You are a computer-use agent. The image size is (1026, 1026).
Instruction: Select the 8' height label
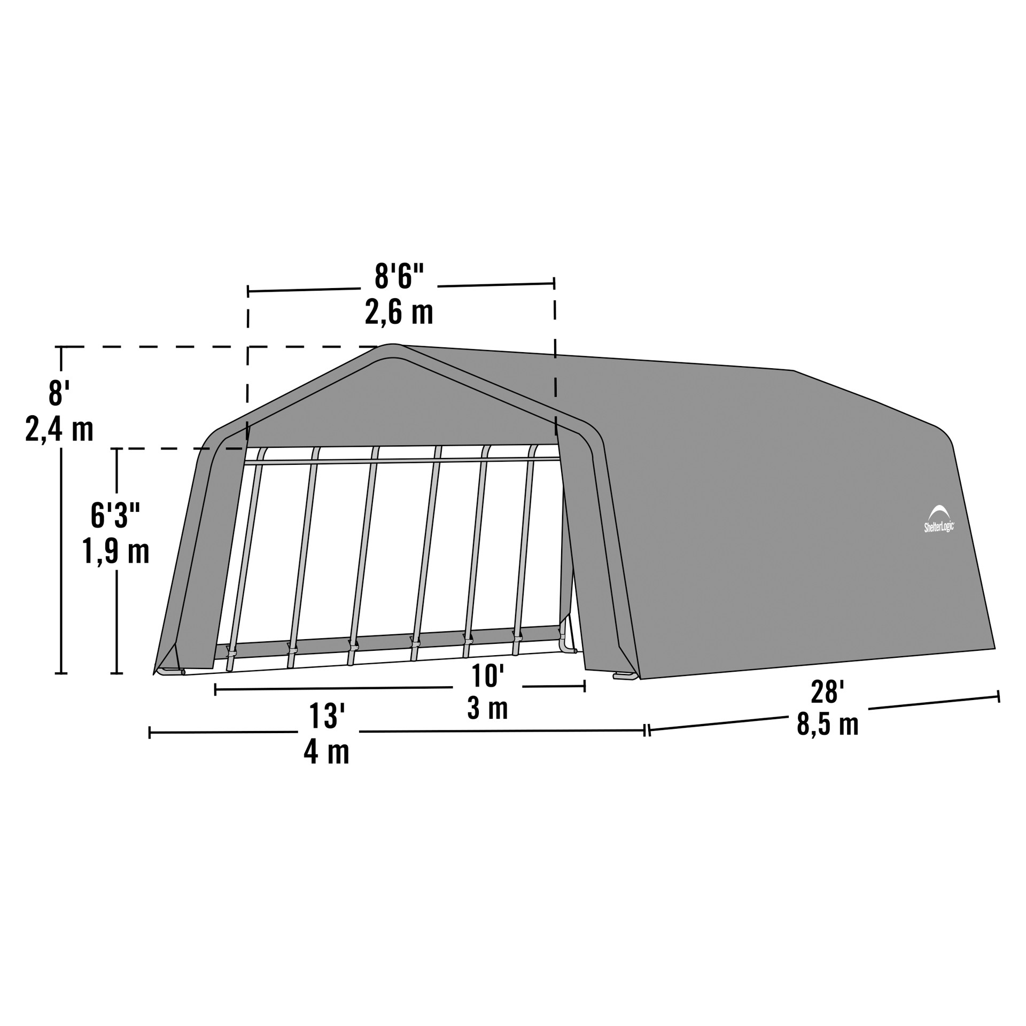click(59, 393)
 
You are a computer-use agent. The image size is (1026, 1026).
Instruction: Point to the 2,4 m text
click(59, 429)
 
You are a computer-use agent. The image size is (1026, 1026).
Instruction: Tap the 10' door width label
click(487, 676)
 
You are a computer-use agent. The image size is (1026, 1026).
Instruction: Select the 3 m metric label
click(487, 709)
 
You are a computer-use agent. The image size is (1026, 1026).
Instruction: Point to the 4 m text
click(327, 752)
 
